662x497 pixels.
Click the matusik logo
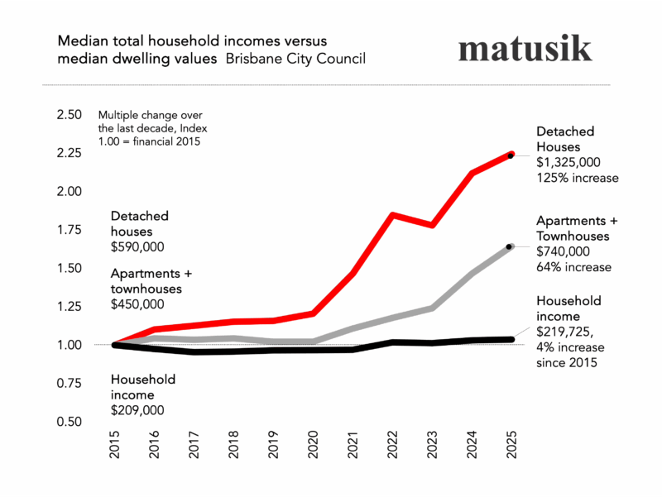coord(525,49)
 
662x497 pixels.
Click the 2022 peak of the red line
coord(392,215)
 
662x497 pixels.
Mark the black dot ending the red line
coord(511,155)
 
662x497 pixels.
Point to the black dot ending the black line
coord(510,339)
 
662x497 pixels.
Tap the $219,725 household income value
coord(567,332)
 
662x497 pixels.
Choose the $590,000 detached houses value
coord(137,246)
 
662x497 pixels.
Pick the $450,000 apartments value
coord(137,305)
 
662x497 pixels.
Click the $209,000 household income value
coord(137,410)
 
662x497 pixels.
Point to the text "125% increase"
coord(578,178)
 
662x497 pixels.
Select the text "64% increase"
coord(573,267)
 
